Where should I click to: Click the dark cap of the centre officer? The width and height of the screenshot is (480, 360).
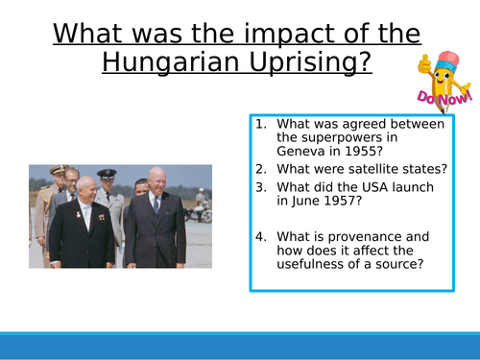(x=107, y=174)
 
